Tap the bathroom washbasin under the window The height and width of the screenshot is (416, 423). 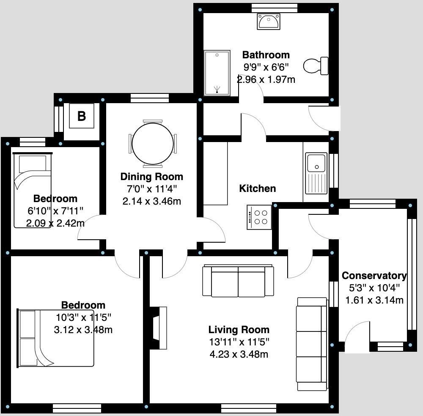tap(268, 21)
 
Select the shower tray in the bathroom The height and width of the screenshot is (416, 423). tap(217, 73)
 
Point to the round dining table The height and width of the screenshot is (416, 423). tap(153, 143)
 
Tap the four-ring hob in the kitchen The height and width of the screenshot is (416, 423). tap(259, 217)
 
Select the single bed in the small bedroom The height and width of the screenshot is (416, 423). tap(32, 190)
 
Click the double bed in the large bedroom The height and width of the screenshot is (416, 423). tap(55, 337)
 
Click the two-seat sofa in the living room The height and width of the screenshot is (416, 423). tap(238, 281)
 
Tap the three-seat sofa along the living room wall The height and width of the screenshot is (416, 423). tap(312, 344)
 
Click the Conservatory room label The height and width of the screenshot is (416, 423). tap(374, 276)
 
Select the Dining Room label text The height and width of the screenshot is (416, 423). tap(151, 177)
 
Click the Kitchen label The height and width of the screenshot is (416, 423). tap(257, 189)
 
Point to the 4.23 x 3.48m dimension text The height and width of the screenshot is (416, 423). tap(239, 354)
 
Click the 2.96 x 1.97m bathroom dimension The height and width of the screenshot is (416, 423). tap(266, 79)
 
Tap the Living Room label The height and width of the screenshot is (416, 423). tap(239, 330)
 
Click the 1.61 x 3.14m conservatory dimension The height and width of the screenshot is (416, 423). tap(374, 301)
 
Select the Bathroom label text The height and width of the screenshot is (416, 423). tap(266, 55)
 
